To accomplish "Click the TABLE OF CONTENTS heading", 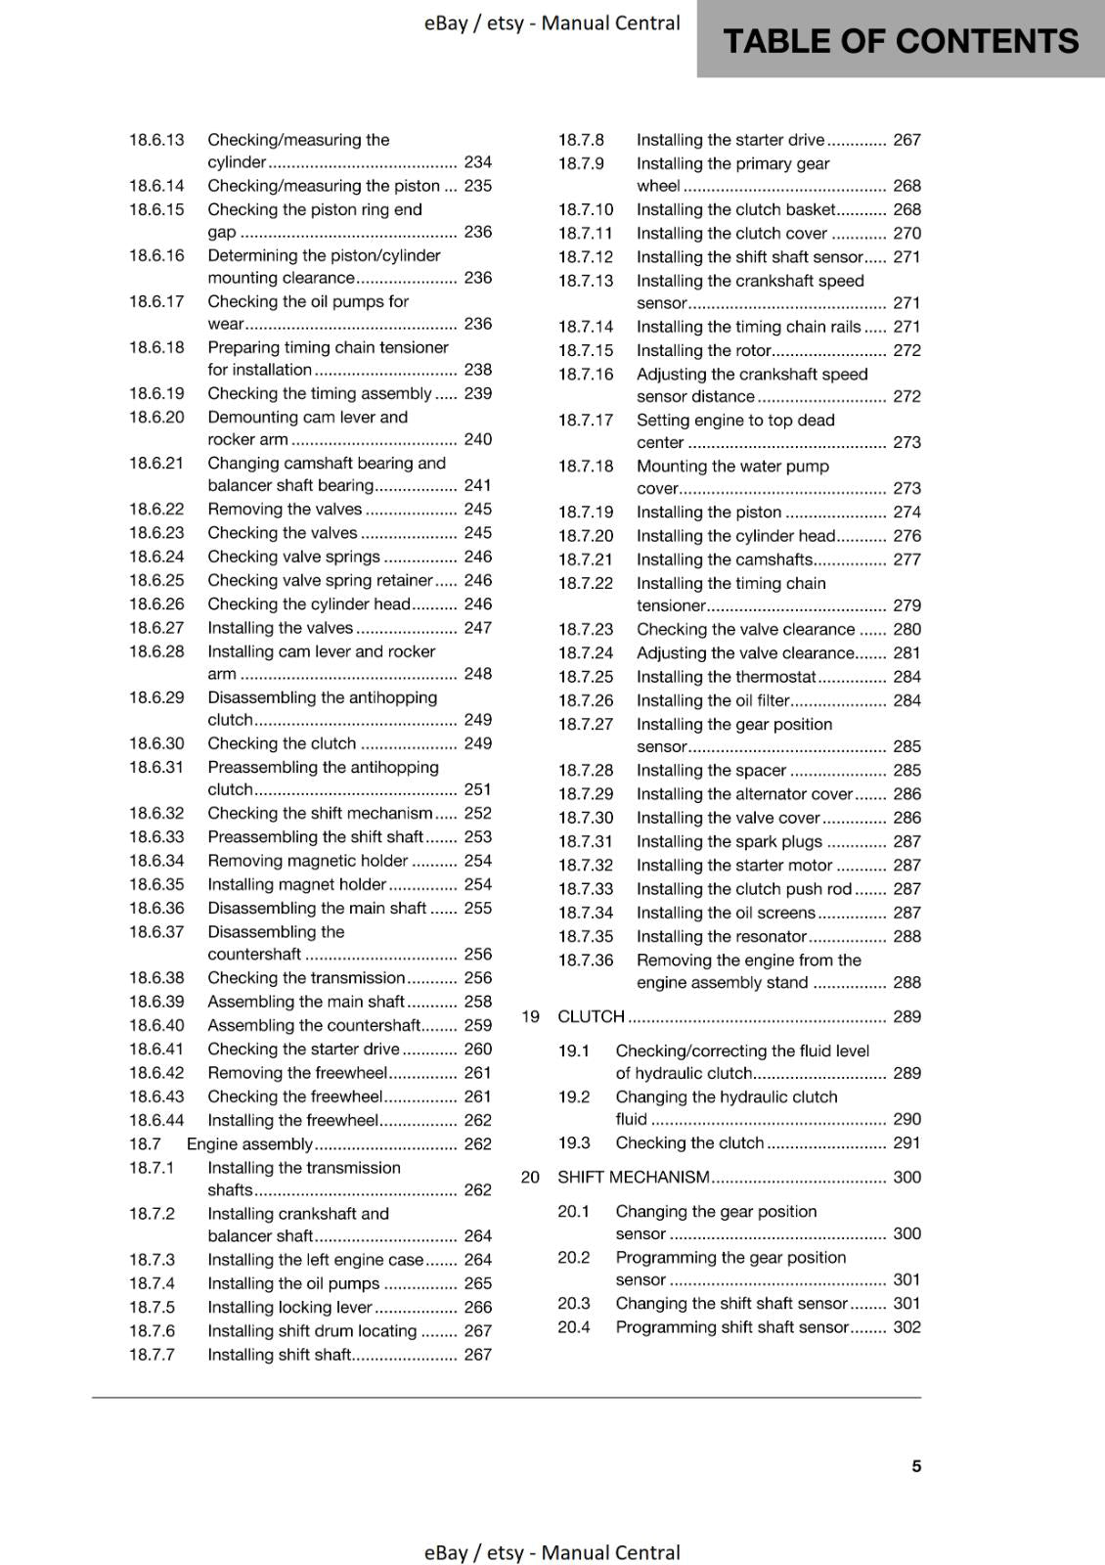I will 900,41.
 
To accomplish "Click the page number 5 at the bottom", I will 916,1466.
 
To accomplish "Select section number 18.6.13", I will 156,140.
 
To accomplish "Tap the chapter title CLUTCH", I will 591,1016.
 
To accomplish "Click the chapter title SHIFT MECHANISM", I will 633,1177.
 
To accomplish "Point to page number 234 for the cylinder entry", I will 477,162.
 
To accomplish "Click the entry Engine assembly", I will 249,1143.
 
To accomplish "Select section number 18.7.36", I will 585,961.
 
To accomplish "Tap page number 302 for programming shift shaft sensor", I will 906,1327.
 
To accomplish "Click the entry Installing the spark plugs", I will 729,841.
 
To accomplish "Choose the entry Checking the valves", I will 282,533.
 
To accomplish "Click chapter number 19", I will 530,1016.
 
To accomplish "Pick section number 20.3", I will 574,1303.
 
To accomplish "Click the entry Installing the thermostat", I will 726,677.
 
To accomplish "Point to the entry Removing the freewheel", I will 297,1073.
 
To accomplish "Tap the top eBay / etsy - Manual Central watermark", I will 552,23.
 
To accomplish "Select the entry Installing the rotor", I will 704,350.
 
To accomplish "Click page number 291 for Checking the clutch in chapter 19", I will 906,1142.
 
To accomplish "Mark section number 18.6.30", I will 156,743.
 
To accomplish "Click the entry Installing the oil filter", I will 713,700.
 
